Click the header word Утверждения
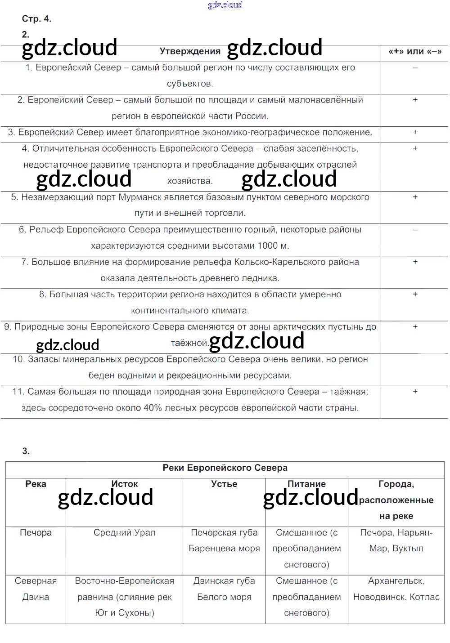tap(190, 51)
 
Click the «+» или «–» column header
tap(415, 51)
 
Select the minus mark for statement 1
tap(415, 68)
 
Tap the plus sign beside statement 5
tap(415, 197)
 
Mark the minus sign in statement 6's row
tap(415, 230)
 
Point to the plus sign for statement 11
tap(415, 392)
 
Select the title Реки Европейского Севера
tap(225, 468)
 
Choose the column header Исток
tap(125, 484)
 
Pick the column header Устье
tap(224, 484)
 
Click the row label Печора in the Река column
tap(36, 532)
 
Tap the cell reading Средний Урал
tap(125, 532)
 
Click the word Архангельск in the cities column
tap(396, 581)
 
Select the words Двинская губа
tap(224, 581)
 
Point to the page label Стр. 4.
tap(36, 19)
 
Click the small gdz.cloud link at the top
tap(225, 5)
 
